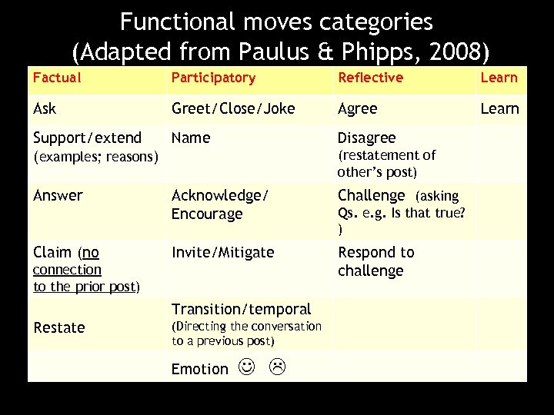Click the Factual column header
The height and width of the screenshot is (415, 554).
tap(57, 78)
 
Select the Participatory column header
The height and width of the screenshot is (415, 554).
tap(213, 78)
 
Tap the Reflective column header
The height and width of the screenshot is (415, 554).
tap(370, 78)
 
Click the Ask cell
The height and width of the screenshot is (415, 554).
tap(45, 108)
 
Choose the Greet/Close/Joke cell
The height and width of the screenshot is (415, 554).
tap(233, 108)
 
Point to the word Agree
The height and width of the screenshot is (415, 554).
tap(358, 108)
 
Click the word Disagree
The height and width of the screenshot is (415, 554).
tap(367, 138)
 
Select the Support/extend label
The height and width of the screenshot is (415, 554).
tap(88, 138)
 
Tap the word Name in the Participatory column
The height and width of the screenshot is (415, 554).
tap(190, 138)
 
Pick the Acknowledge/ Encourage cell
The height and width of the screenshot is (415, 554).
tap(219, 204)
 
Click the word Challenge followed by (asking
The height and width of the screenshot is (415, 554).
tap(371, 195)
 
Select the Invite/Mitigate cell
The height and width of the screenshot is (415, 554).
tap(223, 252)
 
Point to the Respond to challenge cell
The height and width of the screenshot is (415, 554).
tap(376, 261)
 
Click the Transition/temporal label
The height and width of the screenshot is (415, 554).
tap(241, 309)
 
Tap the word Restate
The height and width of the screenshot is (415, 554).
tap(59, 327)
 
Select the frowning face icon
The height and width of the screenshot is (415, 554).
tap(277, 368)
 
